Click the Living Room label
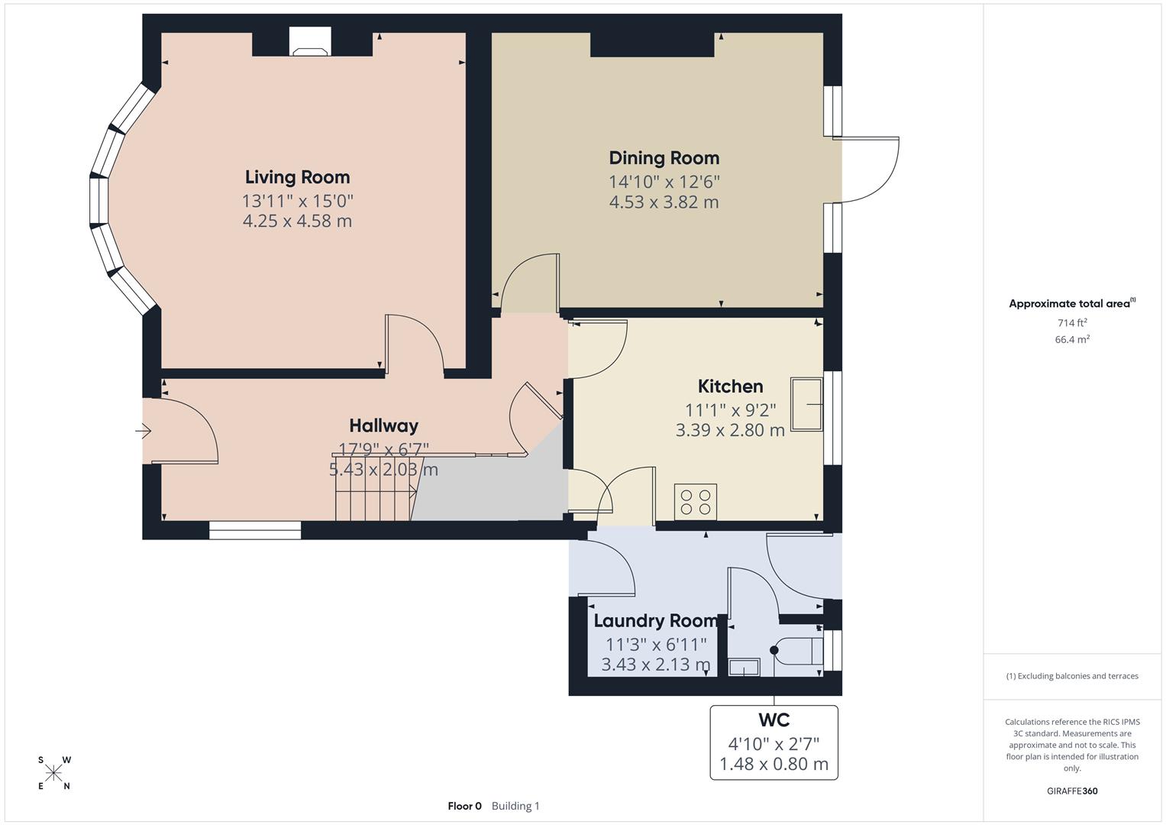click(297, 177)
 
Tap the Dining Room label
click(664, 158)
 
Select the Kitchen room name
click(730, 387)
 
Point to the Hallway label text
click(383, 425)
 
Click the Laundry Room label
click(655, 621)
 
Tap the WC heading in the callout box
click(774, 720)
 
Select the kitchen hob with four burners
click(695, 501)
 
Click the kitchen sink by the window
click(806, 404)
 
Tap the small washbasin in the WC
click(743, 668)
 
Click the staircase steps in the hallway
click(374, 504)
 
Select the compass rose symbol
click(53, 773)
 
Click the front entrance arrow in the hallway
click(144, 432)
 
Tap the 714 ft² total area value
click(1071, 323)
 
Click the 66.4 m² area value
click(1071, 340)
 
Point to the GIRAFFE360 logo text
click(1071, 791)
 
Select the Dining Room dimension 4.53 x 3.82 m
click(664, 202)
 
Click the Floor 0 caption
click(464, 806)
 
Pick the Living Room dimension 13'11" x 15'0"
click(297, 201)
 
